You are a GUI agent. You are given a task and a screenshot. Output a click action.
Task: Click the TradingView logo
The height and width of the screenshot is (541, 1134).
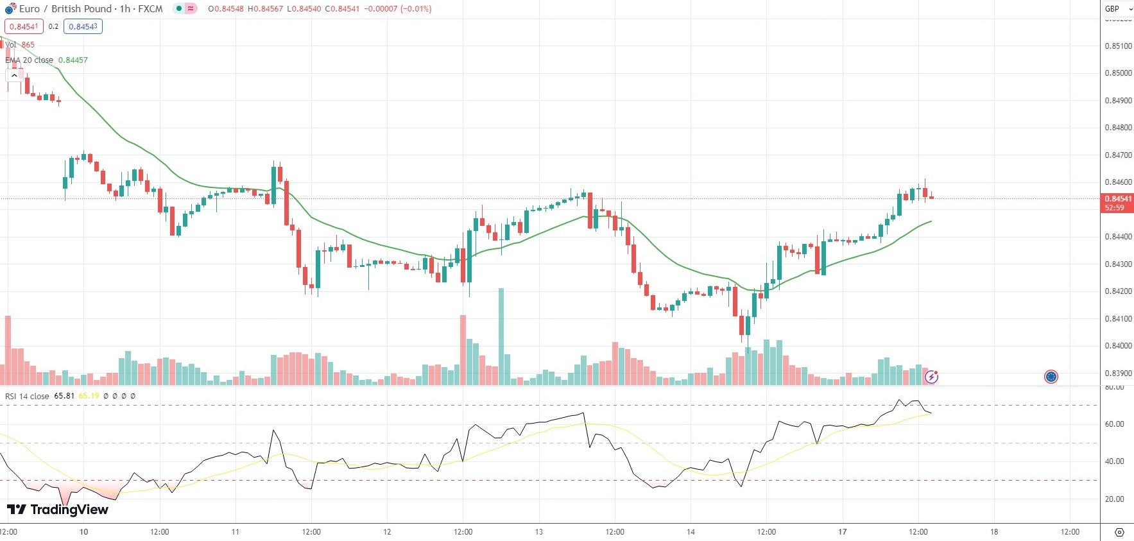[x=58, y=510]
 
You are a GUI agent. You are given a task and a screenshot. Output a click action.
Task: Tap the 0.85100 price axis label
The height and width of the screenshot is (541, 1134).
[x=1118, y=46]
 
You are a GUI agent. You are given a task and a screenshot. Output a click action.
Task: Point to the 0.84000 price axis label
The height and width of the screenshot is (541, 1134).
[x=1118, y=346]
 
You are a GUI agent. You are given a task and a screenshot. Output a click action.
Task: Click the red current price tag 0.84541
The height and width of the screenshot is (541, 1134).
[x=1117, y=199]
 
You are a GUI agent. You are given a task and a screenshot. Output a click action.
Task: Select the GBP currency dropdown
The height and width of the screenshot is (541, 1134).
[x=1117, y=9]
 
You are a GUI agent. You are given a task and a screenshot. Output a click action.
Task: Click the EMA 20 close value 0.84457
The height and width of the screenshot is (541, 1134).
[x=73, y=60]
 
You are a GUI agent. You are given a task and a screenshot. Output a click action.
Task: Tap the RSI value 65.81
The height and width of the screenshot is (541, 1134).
[x=64, y=396]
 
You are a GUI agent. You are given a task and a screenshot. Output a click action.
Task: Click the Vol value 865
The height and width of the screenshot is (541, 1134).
[x=28, y=45]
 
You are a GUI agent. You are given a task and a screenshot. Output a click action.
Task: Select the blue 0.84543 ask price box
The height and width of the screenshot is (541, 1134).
[x=83, y=27]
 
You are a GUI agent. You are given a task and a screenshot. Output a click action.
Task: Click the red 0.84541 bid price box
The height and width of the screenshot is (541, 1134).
[x=24, y=27]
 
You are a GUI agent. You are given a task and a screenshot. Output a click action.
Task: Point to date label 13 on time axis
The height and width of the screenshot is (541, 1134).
[x=539, y=532]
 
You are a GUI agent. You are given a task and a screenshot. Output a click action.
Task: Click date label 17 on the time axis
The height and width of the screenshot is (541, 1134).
[x=842, y=532]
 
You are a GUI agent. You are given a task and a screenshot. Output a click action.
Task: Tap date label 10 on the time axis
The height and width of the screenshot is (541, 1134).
[x=83, y=532]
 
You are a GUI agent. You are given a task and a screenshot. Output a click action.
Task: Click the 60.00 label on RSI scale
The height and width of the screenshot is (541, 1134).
[x=1114, y=424]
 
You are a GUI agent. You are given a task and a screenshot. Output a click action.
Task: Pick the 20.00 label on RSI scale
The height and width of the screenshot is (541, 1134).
[x=1114, y=499]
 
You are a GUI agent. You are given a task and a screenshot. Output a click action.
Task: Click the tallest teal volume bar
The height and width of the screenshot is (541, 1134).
[x=501, y=337]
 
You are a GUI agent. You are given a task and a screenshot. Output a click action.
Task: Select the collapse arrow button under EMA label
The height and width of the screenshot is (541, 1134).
[x=14, y=76]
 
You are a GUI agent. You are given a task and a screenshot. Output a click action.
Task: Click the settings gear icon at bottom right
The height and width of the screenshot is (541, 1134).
[x=1119, y=532]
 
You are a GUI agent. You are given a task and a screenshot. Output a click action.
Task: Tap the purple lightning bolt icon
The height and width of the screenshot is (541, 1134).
[x=931, y=377]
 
